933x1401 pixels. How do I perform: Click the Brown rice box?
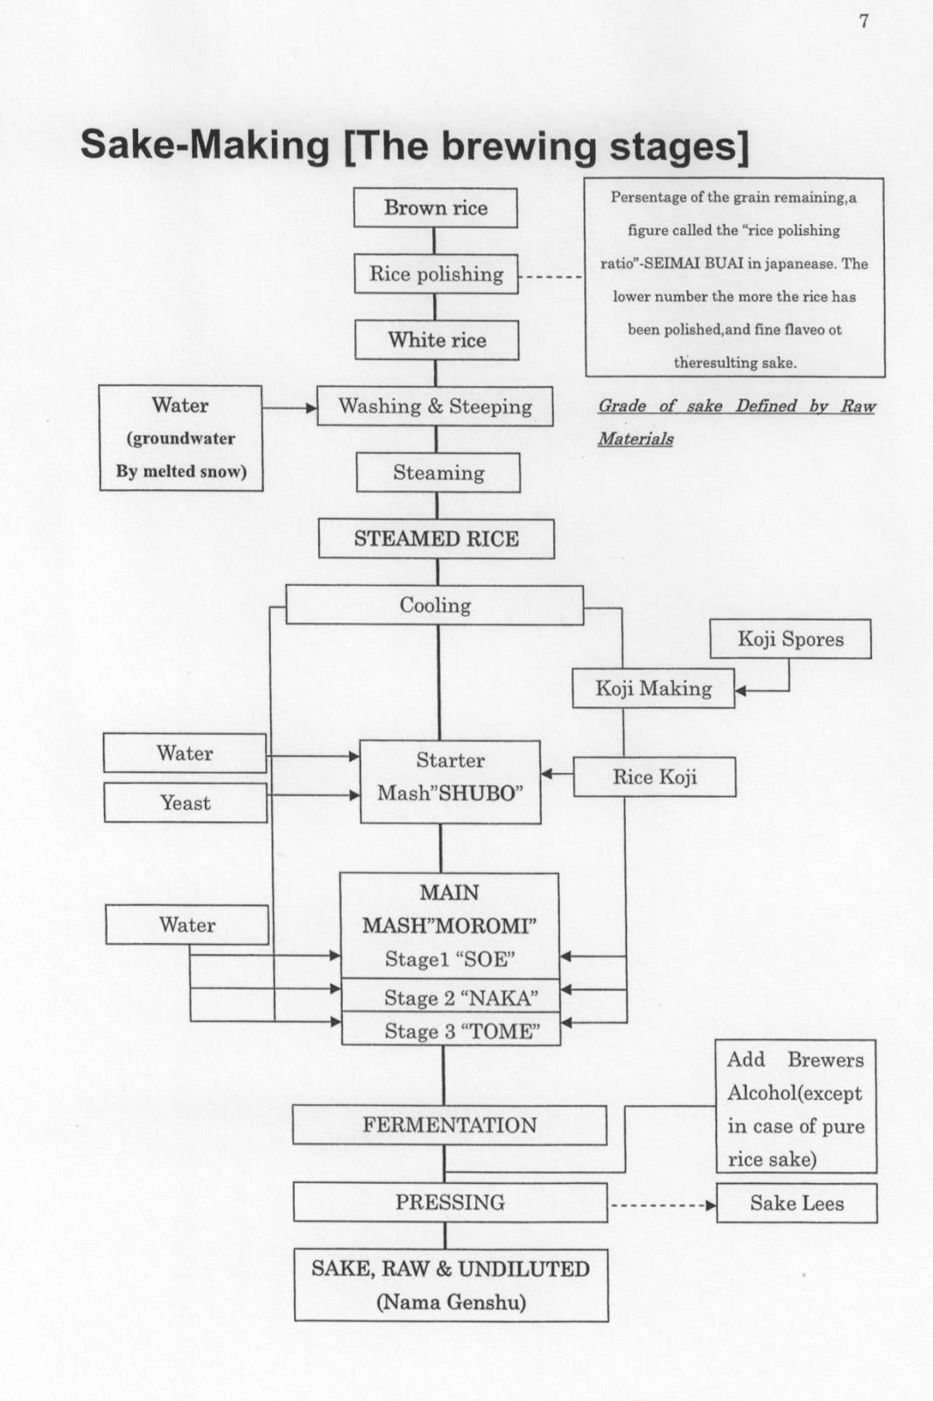[x=435, y=208]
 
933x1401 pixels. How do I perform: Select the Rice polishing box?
[x=436, y=274]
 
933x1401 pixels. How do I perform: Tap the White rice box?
[x=437, y=340]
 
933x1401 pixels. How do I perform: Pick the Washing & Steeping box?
[x=435, y=406]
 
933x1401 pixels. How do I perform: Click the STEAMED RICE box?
[x=436, y=539]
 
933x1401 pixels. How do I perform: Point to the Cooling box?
[x=435, y=605]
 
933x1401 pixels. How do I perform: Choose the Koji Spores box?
[x=790, y=639]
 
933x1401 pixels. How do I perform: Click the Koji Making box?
[x=653, y=688]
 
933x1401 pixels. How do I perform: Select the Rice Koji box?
[x=654, y=777]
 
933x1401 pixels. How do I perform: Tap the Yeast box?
[x=185, y=803]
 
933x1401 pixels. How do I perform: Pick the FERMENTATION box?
[x=449, y=1125]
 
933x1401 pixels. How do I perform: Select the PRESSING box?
[x=450, y=1202]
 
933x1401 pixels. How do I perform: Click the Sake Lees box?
[x=796, y=1203]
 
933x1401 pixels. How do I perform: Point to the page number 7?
[x=864, y=21]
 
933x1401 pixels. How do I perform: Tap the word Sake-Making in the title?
[x=204, y=145]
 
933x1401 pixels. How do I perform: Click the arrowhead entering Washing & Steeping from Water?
[x=311, y=407]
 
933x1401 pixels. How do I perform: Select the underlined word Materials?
[x=635, y=439]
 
